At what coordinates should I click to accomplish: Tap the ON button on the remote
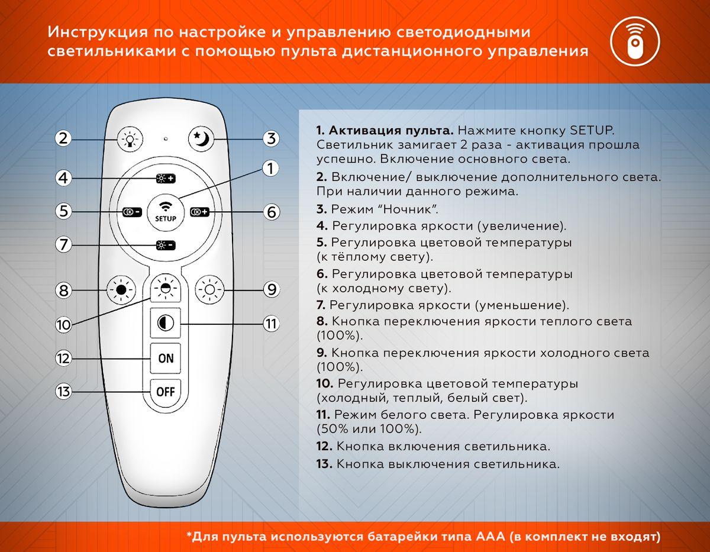coord(166,358)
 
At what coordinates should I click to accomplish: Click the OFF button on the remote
coord(166,391)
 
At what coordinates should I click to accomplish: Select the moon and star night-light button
coord(201,138)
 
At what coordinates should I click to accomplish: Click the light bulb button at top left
coord(130,140)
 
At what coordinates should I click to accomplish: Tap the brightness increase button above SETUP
coord(166,178)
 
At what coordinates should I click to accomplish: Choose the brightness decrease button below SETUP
coord(166,244)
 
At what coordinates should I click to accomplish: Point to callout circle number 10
coord(64,324)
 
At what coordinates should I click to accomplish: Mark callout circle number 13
coord(64,391)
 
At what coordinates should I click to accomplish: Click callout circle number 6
coord(271,211)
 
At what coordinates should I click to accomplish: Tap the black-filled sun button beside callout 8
coord(121,290)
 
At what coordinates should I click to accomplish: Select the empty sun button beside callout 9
coord(209,290)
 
